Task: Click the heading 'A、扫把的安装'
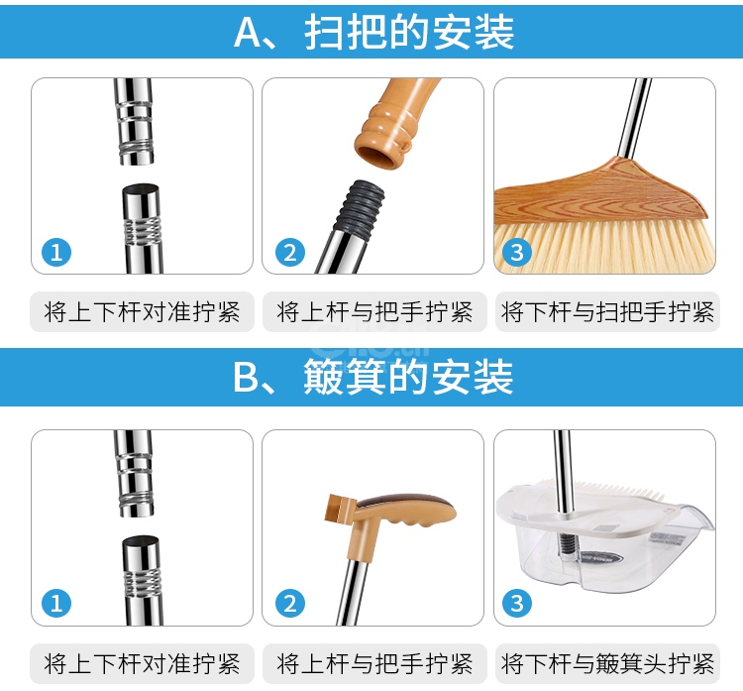coord(373,33)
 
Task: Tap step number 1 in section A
coord(56,252)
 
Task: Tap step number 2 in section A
coord(290,252)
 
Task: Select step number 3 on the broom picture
coord(517,252)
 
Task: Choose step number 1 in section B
coord(56,603)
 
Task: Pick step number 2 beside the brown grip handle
coord(290,603)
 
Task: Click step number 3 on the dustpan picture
coord(517,603)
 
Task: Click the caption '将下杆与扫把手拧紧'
coord(607,312)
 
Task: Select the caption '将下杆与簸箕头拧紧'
coord(607,663)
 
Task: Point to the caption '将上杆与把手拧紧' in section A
coord(374,312)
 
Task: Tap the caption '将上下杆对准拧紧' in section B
coord(142,663)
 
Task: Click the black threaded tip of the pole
coord(360,207)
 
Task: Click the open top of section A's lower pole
coord(141,189)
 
